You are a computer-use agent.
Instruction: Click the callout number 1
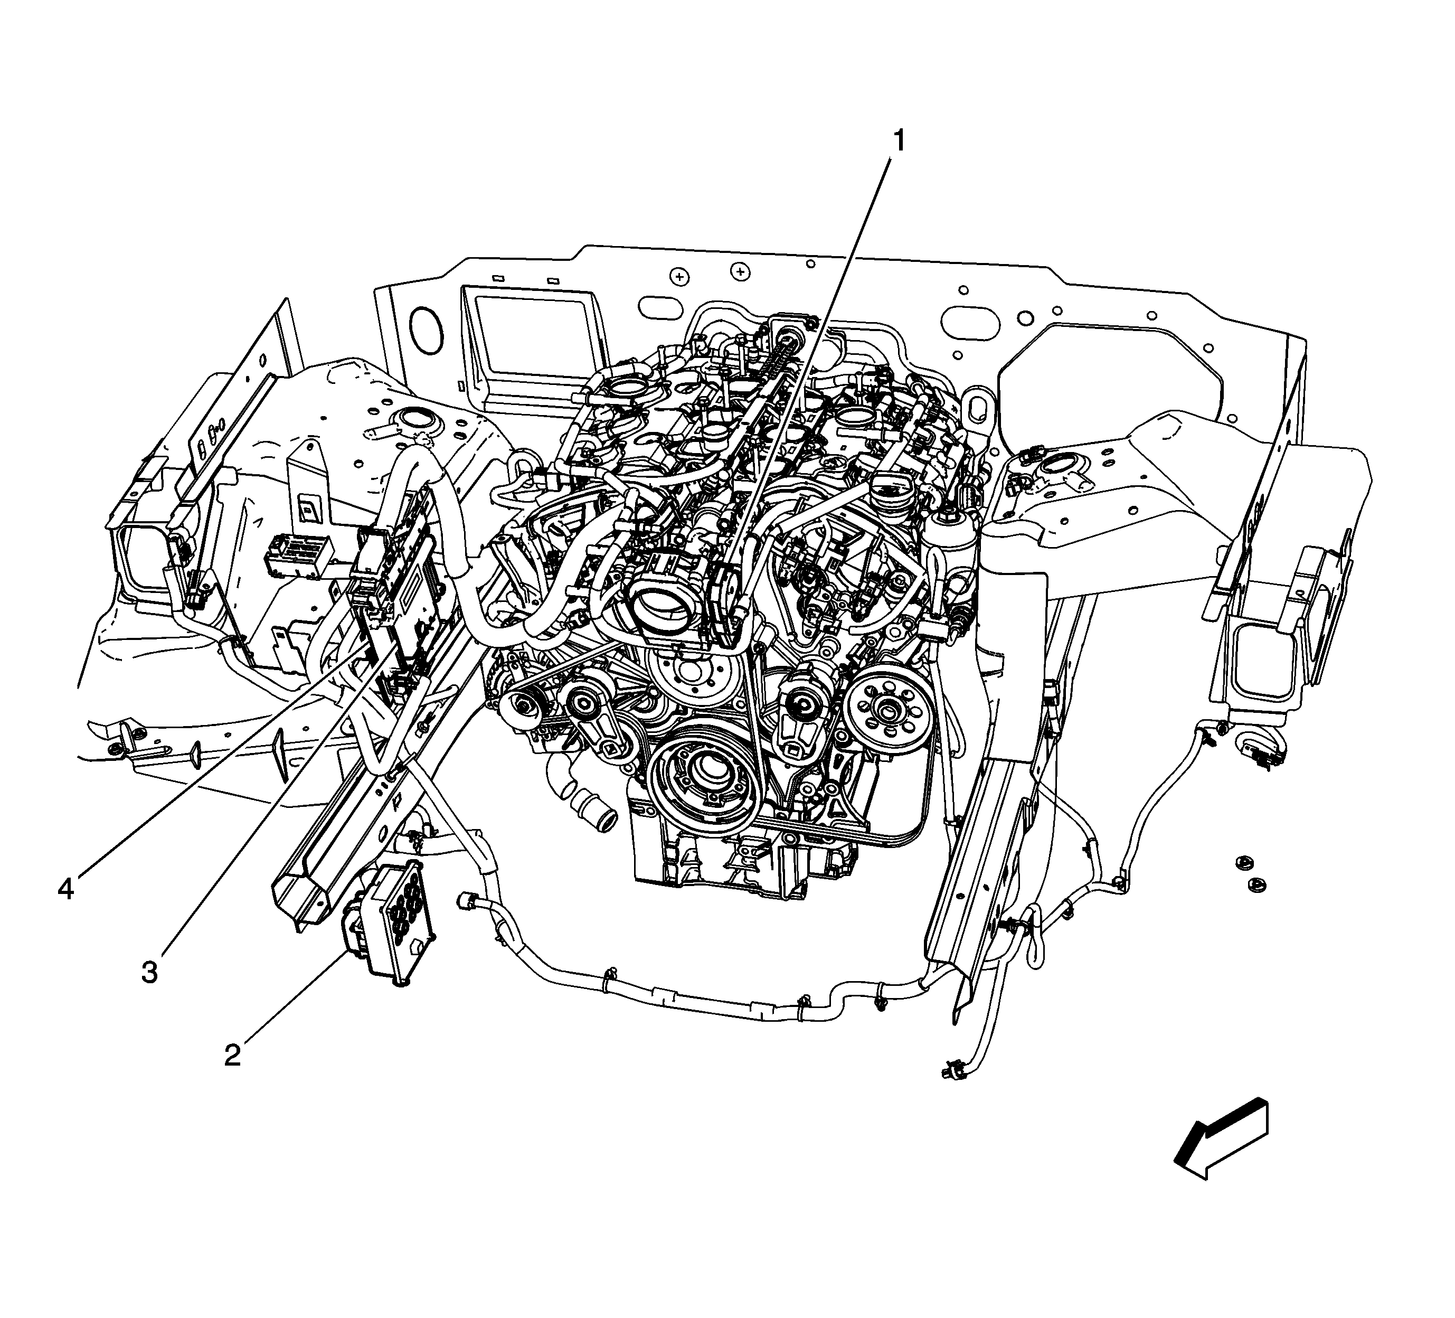pyautogui.click(x=899, y=142)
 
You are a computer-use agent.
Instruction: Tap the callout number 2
pyautogui.click(x=232, y=1055)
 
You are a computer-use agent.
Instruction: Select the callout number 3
pyautogui.click(x=149, y=972)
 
